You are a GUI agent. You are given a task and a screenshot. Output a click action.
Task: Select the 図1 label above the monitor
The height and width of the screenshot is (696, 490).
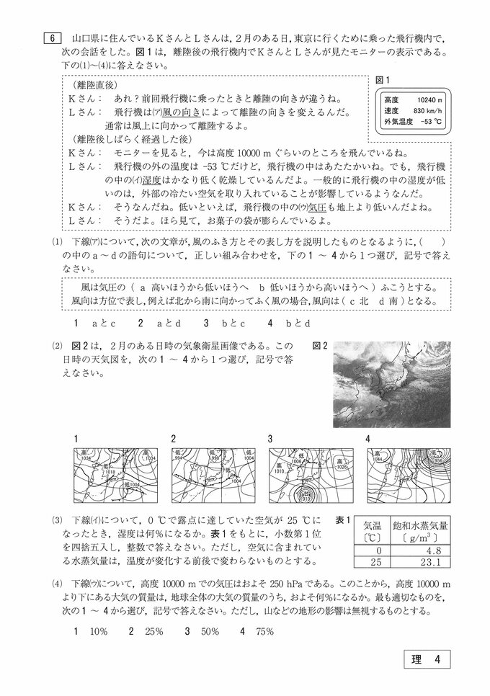pyautogui.click(x=383, y=79)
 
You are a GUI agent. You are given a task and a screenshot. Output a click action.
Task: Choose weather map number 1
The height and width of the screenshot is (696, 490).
pyautogui.click(x=116, y=476)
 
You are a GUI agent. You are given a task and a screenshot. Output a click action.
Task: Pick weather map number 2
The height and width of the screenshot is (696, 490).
pyautogui.click(x=213, y=476)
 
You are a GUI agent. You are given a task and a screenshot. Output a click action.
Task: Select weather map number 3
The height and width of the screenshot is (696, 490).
pyautogui.click(x=310, y=476)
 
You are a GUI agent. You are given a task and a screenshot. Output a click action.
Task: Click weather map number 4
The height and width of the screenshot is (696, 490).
pyautogui.click(x=408, y=476)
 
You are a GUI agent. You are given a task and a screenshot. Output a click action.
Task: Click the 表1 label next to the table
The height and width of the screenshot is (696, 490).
pyautogui.click(x=344, y=520)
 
